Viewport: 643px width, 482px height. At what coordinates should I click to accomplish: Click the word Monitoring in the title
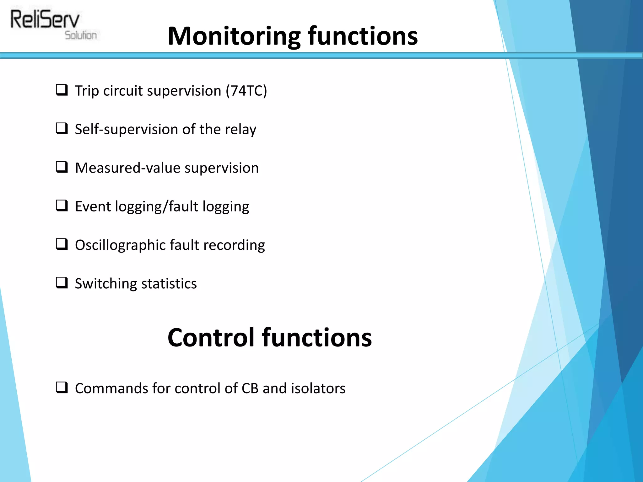pos(234,36)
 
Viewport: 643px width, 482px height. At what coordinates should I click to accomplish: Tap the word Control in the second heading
pos(211,338)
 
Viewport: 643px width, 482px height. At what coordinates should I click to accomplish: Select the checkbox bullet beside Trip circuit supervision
pos(62,90)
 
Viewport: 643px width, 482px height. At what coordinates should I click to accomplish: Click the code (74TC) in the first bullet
pos(246,91)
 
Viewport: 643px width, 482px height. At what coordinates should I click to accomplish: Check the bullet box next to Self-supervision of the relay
pos(62,129)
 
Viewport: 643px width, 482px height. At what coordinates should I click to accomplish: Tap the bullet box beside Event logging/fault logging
pos(62,206)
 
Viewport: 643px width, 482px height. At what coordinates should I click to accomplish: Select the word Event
pos(93,206)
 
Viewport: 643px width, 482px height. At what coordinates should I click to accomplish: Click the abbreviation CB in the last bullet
pos(250,388)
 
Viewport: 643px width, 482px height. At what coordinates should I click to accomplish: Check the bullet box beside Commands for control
pos(62,388)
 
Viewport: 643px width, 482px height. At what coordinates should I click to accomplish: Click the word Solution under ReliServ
pos(81,35)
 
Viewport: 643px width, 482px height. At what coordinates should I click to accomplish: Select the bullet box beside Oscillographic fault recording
pos(62,244)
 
